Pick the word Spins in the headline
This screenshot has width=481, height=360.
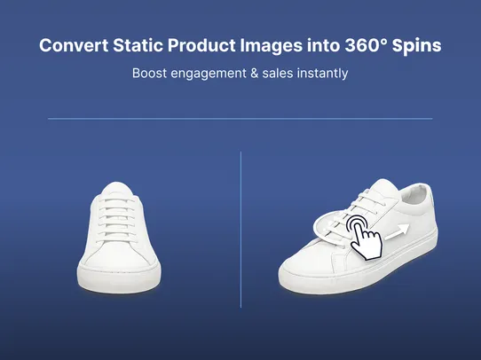tap(414, 46)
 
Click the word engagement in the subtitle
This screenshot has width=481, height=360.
tap(212, 74)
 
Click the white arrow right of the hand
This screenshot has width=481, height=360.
tap(398, 231)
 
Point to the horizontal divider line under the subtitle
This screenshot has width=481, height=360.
tap(240, 118)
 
